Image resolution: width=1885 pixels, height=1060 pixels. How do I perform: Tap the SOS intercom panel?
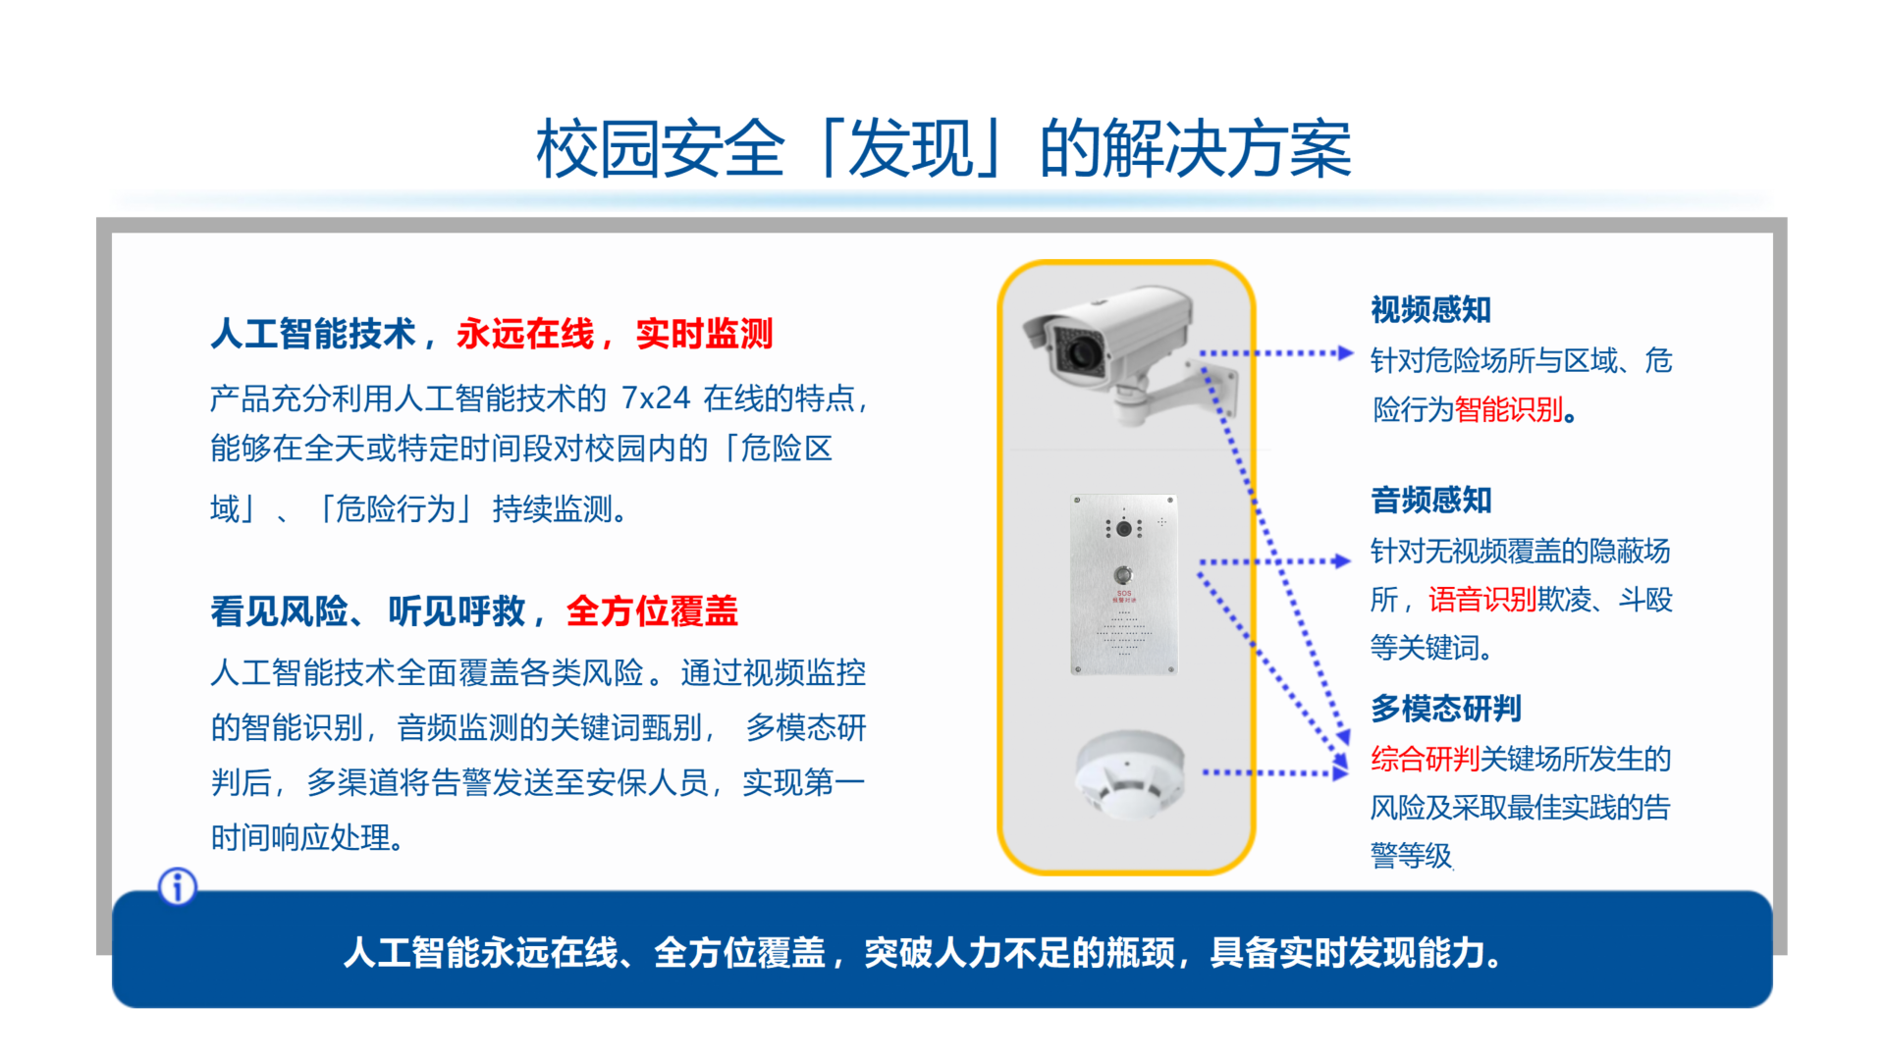[x=1124, y=585]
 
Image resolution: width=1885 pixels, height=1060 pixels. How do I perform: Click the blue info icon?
[x=178, y=887]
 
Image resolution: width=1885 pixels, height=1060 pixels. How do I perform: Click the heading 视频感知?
[x=1430, y=310]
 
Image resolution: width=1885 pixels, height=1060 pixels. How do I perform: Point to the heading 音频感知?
[x=1430, y=501]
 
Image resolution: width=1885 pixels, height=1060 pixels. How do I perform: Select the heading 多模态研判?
[x=1446, y=709]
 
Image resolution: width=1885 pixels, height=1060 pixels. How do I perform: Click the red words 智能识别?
[x=1508, y=409]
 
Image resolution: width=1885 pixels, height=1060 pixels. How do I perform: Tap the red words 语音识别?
[x=1481, y=599]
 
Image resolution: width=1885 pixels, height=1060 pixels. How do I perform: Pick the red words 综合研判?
[x=1425, y=759]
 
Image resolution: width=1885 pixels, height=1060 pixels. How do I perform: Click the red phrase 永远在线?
[x=525, y=334]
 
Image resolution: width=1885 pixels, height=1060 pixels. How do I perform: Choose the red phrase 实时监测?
[x=704, y=334]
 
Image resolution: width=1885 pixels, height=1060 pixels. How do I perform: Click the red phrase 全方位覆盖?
[x=652, y=611]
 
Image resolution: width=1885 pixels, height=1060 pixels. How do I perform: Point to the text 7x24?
[x=656, y=398]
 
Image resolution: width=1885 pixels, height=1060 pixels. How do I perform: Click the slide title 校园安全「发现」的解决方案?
[x=943, y=149]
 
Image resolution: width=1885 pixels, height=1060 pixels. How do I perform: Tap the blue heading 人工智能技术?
[x=313, y=334]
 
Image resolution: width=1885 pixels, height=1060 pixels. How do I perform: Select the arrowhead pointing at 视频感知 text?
[x=1346, y=353]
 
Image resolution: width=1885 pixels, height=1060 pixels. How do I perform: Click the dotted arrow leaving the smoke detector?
[x=1275, y=773]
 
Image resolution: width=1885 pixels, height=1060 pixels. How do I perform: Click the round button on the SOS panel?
[x=1123, y=574]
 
